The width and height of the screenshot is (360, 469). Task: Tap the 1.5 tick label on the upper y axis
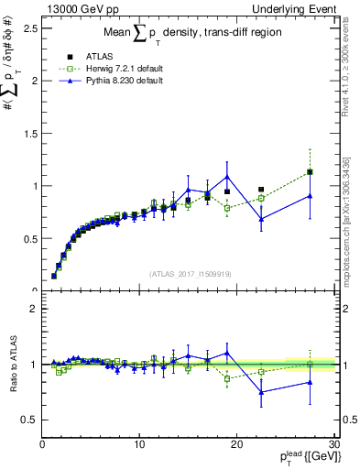click(27, 133)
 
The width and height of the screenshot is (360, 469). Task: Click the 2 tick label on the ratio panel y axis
click(32, 309)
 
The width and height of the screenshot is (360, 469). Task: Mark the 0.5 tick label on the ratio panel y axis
click(27, 420)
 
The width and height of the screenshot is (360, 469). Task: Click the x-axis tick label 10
click(139, 444)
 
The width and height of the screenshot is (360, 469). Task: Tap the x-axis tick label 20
click(237, 444)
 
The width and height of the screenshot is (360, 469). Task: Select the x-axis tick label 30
click(333, 444)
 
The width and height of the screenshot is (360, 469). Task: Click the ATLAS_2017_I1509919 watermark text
click(189, 273)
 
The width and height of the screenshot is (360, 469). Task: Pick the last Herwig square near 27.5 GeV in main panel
click(311, 172)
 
